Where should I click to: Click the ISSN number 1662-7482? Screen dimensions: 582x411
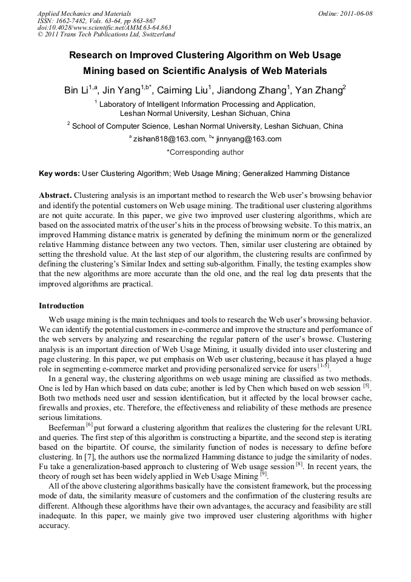click(x=77, y=21)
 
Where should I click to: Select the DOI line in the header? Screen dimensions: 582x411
click(x=104, y=27)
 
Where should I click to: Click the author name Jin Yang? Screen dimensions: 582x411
click(x=121, y=90)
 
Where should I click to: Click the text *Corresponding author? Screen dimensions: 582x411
click(x=205, y=152)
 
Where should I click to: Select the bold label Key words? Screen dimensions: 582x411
click(x=59, y=174)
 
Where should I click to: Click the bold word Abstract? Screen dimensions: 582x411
click(x=55, y=195)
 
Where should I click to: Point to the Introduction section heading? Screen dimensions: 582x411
click(x=61, y=305)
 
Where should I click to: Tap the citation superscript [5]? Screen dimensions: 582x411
click(x=366, y=385)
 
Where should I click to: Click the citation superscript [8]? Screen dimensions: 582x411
click(x=299, y=465)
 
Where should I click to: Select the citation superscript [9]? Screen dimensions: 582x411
click(x=263, y=474)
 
